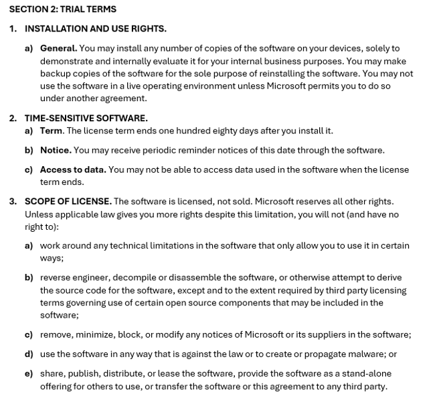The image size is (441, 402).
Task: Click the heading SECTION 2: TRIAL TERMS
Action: [63, 9]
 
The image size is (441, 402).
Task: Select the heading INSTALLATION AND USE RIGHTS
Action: [96, 29]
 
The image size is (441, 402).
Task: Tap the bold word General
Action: [58, 48]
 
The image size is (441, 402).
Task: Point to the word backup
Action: [55, 74]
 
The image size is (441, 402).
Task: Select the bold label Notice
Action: [56, 150]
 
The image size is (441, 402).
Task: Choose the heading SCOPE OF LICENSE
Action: [68, 201]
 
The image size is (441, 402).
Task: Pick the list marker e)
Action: [29, 373]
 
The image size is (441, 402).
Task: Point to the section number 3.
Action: [13, 201]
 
